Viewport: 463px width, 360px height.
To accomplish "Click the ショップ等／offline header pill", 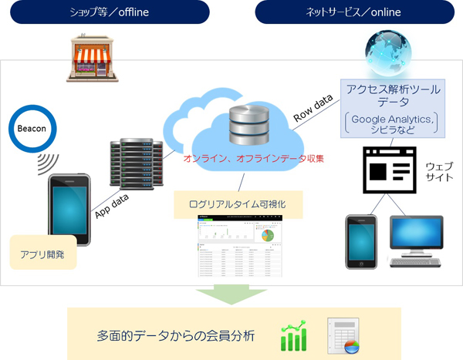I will click(105, 13).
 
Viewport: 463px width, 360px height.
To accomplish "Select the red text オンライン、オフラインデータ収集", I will click(248, 158).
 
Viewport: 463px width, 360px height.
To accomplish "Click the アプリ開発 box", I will click(42, 253).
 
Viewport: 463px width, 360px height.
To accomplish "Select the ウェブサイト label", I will click(441, 172).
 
